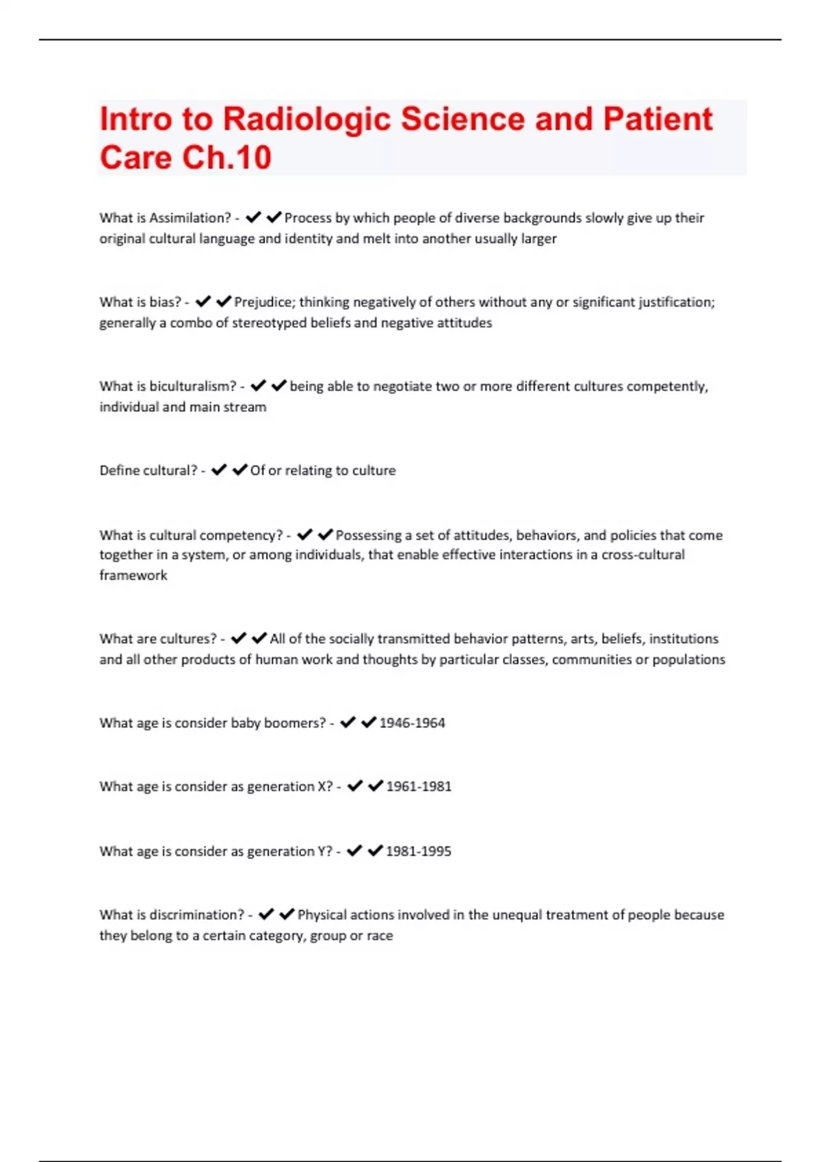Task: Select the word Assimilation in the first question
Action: pos(190,218)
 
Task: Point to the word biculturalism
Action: pos(192,386)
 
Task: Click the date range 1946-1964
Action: pos(412,723)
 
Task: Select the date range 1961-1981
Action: pos(419,787)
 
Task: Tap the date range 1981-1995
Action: pos(419,852)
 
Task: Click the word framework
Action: pos(133,576)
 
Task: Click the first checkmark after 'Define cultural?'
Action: pos(219,470)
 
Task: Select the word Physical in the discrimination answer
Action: pos(322,915)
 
